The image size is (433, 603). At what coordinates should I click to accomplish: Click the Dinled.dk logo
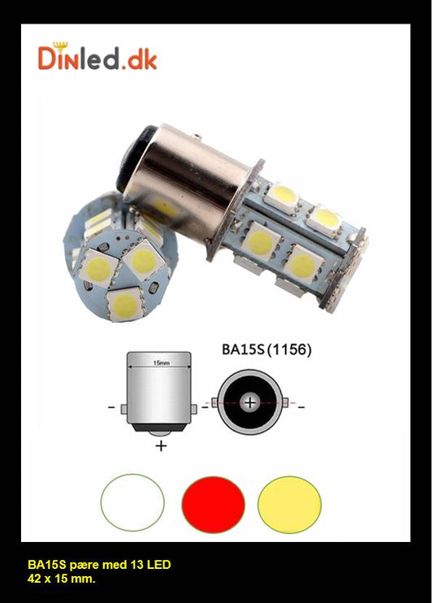(x=97, y=57)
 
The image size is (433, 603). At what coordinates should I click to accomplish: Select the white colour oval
(x=132, y=504)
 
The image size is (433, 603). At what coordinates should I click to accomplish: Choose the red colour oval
(x=214, y=504)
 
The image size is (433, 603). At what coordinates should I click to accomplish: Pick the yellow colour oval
(x=289, y=504)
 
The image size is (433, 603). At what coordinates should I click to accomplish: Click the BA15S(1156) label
(x=266, y=351)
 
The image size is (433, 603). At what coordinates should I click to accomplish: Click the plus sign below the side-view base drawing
(x=161, y=445)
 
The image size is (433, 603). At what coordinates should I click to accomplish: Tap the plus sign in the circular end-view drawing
(x=251, y=402)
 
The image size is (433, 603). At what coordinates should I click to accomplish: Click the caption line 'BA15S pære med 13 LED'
(x=99, y=564)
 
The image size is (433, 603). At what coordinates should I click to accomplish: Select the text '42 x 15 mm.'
(x=62, y=578)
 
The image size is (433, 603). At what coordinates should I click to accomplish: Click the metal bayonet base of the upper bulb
(x=187, y=179)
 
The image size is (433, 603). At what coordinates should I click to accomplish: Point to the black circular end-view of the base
(x=251, y=402)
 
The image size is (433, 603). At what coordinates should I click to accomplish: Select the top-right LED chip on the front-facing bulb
(x=145, y=260)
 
